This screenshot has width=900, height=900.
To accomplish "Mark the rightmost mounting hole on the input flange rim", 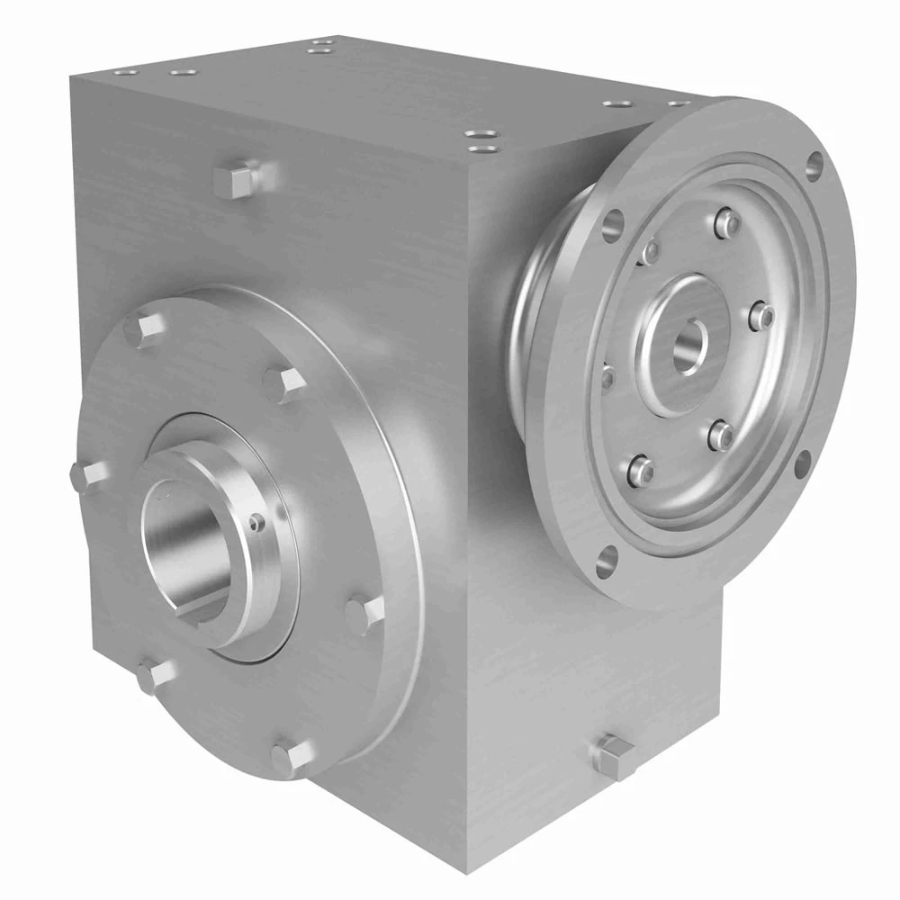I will pyautogui.click(x=814, y=164).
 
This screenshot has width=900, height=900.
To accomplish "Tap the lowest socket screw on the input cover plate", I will pyautogui.click(x=638, y=469).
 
